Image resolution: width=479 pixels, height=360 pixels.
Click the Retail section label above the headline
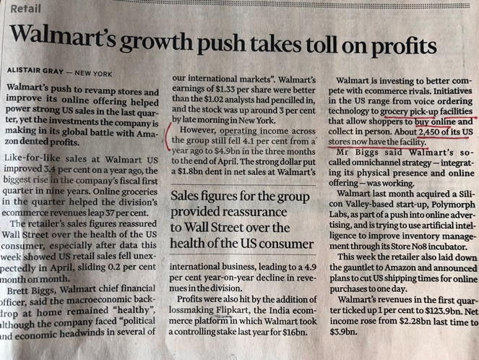click(26, 9)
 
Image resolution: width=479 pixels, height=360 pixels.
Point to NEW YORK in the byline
click(93, 70)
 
